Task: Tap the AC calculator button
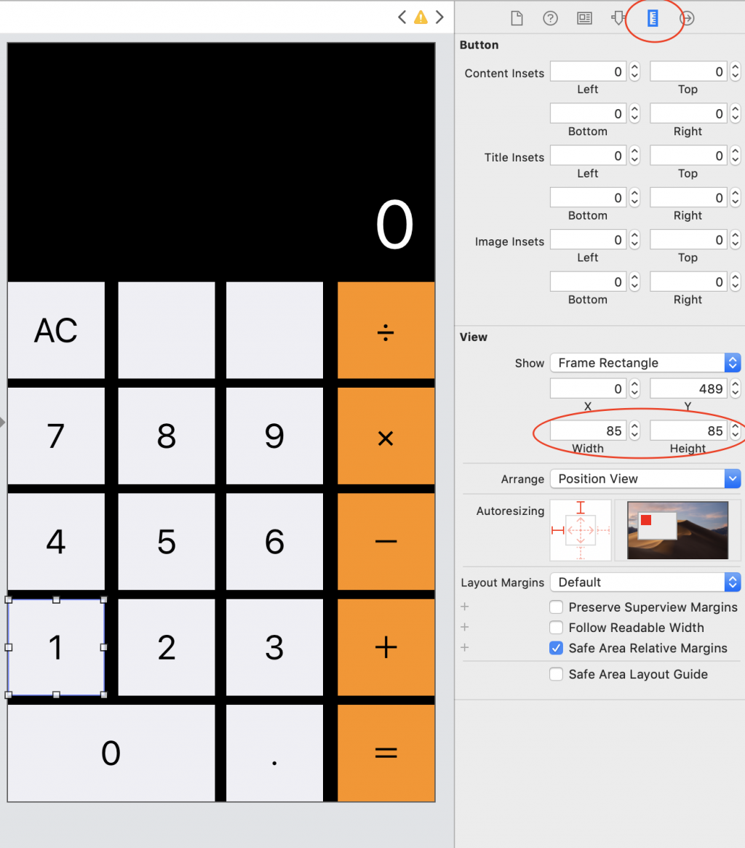[x=56, y=330]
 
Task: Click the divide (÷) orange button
[x=386, y=330]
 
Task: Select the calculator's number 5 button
[x=167, y=541]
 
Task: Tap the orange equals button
[x=386, y=753]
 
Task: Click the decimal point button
[x=275, y=753]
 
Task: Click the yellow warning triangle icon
[x=421, y=17]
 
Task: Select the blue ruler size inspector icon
[x=653, y=18]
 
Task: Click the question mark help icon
[x=550, y=18]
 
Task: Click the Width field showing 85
[x=588, y=431]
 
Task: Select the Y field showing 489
[x=688, y=388]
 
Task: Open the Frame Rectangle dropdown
[x=645, y=362]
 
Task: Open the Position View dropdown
[x=645, y=479]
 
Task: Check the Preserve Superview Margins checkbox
[x=556, y=607]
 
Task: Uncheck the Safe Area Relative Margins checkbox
[x=556, y=648]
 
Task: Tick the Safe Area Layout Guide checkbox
[x=556, y=674]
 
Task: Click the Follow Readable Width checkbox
[x=556, y=628]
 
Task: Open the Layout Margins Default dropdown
[x=645, y=582]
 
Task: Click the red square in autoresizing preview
[x=646, y=520]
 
